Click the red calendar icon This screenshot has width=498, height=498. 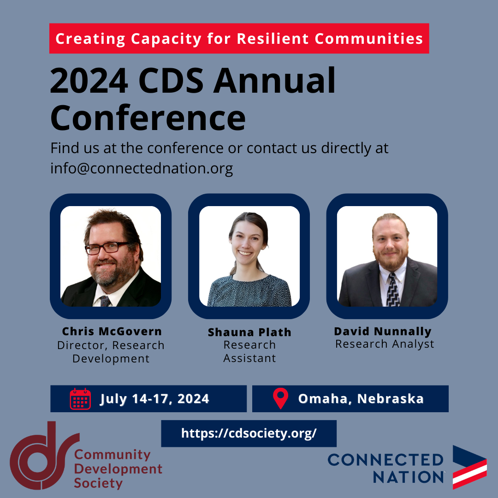pyautogui.click(x=80, y=399)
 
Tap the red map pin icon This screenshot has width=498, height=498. pyautogui.click(x=280, y=398)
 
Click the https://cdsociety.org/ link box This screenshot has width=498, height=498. pyautogui.click(x=249, y=433)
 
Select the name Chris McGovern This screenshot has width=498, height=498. pyautogui.click(x=112, y=331)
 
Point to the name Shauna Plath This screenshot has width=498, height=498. pyautogui.click(x=249, y=332)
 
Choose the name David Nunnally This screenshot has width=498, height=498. pyautogui.click(x=383, y=332)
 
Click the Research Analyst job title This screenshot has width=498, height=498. pyautogui.click(x=385, y=344)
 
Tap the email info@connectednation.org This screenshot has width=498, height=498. pyautogui.click(x=142, y=168)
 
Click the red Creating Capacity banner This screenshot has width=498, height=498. pyautogui.click(x=239, y=38)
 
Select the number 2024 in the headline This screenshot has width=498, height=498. pyautogui.click(x=89, y=81)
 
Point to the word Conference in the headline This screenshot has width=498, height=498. pyautogui.click(x=148, y=118)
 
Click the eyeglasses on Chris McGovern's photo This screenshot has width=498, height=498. pyautogui.click(x=107, y=248)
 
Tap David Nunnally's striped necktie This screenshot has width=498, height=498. pyautogui.click(x=393, y=290)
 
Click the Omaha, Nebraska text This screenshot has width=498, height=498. pyautogui.click(x=361, y=399)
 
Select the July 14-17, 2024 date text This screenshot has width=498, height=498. pyautogui.click(x=154, y=399)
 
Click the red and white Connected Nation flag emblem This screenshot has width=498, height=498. pyautogui.click(x=470, y=467)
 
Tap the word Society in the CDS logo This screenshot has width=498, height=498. pyautogui.click(x=98, y=483)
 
